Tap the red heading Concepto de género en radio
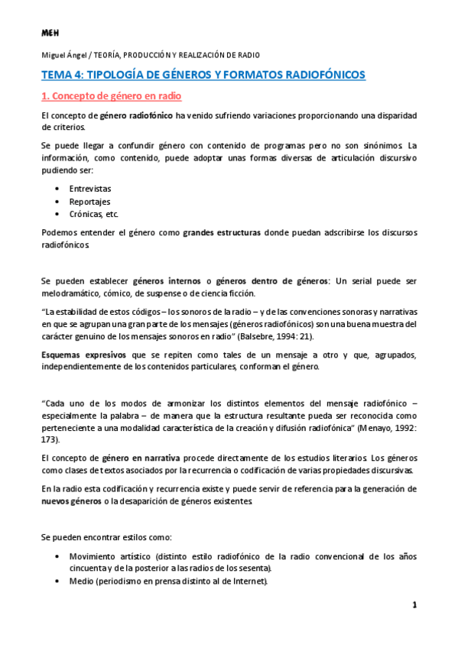[x=111, y=96]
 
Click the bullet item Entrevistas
[x=89, y=187]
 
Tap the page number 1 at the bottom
[x=414, y=607]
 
